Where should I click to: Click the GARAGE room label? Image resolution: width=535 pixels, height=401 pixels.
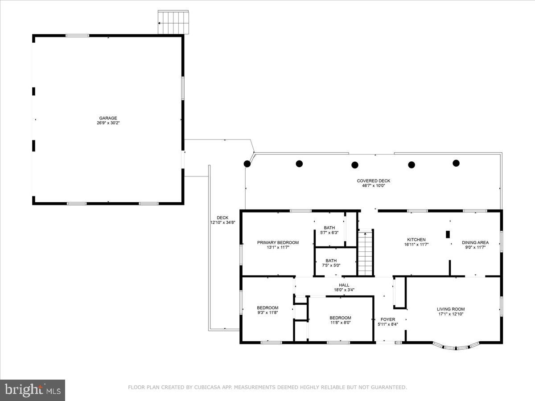coord(108,118)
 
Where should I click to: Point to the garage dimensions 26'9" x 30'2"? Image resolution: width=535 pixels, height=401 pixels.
coord(108,123)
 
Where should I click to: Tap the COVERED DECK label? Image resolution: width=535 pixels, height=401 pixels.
coord(374,181)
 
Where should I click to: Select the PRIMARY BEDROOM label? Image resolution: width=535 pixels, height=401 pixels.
coord(278,242)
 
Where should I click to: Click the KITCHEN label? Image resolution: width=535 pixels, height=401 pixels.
coord(416,240)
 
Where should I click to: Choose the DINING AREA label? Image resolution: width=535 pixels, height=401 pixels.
coord(475,242)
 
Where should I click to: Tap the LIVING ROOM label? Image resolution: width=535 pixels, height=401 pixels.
coord(451,309)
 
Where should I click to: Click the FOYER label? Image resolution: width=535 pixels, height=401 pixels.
coord(388,319)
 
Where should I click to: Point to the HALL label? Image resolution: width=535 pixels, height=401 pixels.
coord(344,285)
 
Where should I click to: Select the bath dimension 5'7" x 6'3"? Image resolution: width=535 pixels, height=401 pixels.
coord(329,233)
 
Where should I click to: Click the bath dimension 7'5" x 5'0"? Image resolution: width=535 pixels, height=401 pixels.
coord(331,266)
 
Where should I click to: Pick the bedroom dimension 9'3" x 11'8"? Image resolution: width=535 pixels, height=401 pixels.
coord(267,313)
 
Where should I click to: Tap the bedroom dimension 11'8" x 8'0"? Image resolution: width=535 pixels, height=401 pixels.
coord(340,323)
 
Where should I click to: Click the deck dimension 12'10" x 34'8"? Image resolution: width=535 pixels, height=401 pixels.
coord(222,222)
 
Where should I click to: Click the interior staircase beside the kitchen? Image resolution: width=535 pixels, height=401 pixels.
coord(366,253)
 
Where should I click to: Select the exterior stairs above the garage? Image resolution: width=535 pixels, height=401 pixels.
coord(173,22)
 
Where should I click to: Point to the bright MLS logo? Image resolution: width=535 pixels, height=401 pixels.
coord(33,390)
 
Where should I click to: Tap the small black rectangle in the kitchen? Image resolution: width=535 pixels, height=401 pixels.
coord(448,234)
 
